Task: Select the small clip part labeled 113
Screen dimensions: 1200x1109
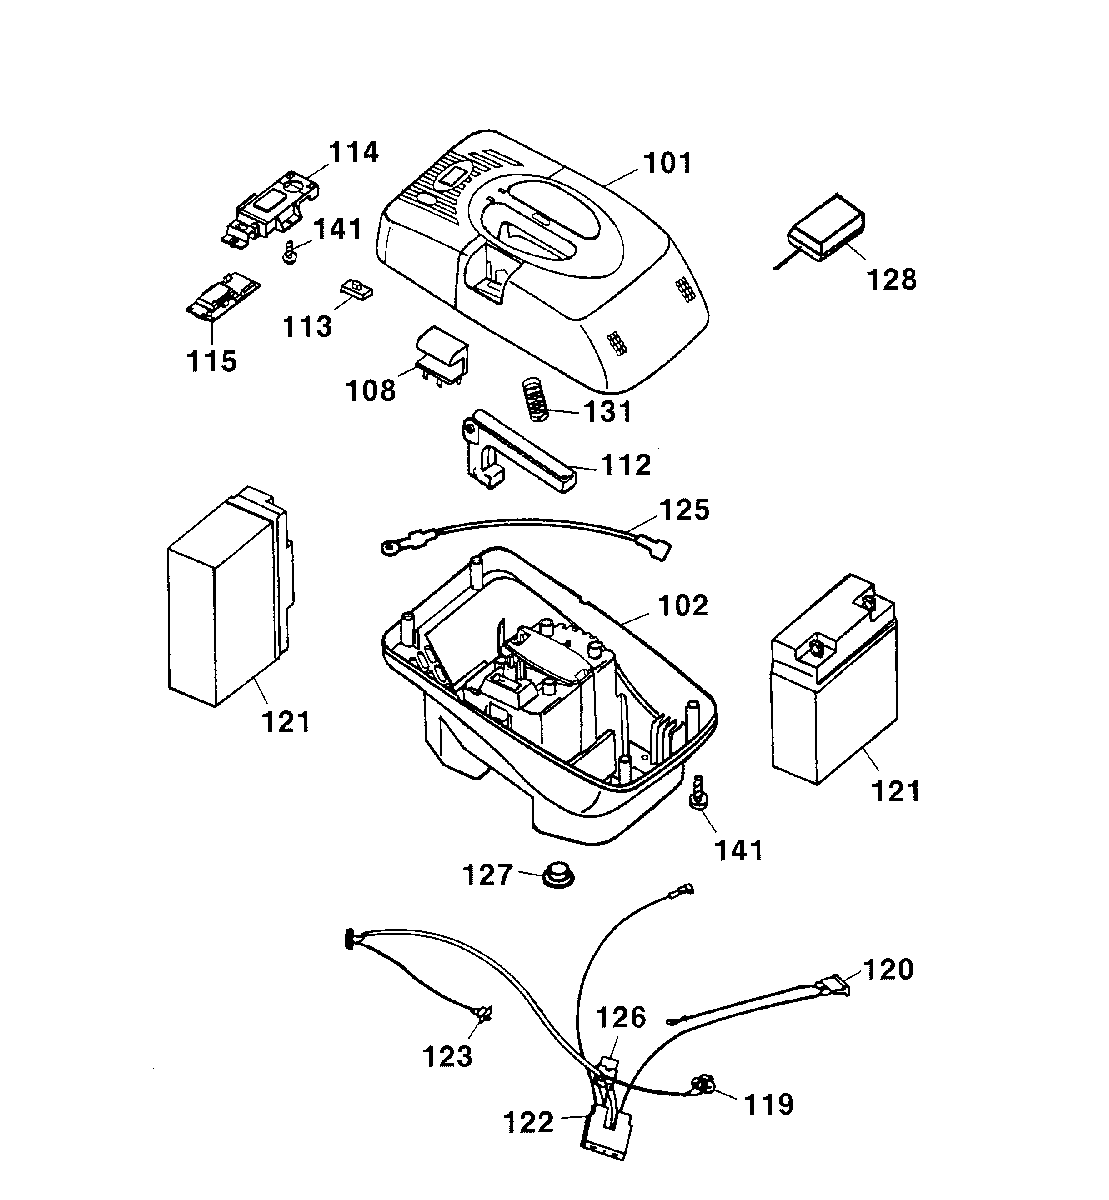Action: tap(357, 290)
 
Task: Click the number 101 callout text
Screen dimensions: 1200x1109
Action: tap(667, 163)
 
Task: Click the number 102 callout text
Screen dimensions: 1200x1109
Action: tap(683, 606)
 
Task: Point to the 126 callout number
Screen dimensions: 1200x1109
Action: tap(621, 1018)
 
